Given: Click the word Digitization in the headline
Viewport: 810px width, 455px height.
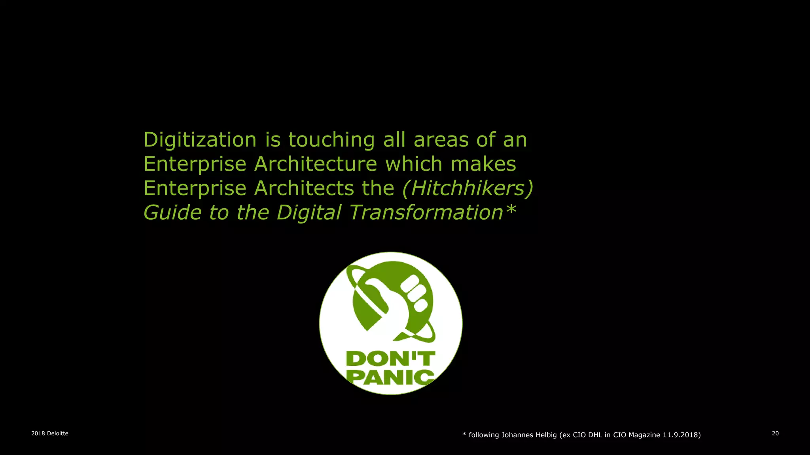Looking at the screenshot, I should point(200,140).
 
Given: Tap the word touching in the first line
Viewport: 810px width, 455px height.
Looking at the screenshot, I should point(331,140).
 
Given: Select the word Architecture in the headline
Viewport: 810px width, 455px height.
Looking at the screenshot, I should point(316,164).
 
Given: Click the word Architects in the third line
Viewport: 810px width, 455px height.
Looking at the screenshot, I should point(304,188).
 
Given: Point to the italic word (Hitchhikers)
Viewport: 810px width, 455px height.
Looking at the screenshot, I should point(468,188).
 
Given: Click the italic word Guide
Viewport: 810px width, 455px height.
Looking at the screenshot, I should point(172,213).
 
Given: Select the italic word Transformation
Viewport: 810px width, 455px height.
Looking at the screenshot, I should point(426,212).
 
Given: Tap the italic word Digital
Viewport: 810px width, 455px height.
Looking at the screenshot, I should point(308,213).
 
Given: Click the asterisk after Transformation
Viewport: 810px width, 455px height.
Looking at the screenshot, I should point(511,209).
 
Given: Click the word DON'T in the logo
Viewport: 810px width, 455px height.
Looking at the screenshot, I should point(390,359).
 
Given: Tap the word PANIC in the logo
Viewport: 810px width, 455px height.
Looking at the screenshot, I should point(390,377).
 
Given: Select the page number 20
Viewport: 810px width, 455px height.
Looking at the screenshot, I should point(775,433).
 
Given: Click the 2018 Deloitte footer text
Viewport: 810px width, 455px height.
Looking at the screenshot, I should point(50,433).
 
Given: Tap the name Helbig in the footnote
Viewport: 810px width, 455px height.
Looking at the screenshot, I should point(546,435).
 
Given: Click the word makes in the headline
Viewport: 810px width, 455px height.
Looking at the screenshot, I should point(483,164).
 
